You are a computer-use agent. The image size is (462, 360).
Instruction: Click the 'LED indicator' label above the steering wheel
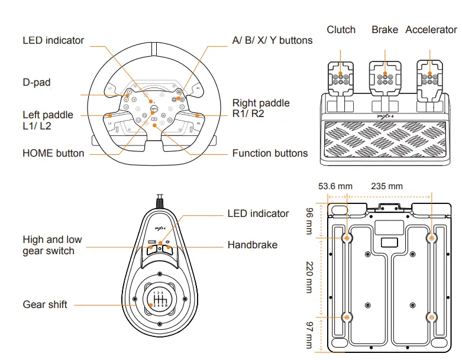pos(53,41)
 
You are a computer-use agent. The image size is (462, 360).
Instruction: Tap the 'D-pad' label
pos(37,83)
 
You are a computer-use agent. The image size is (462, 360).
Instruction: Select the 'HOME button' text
pos(53,153)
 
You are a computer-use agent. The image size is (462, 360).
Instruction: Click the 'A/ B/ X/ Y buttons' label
pos(272,41)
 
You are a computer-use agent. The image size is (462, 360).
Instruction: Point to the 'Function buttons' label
pos(270,153)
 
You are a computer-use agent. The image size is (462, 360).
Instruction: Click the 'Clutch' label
pos(341,30)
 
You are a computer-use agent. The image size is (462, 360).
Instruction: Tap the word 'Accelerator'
pos(431,30)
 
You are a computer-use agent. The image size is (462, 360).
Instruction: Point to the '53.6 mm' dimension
pos(331,186)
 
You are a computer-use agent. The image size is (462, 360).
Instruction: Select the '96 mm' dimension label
pos(309,220)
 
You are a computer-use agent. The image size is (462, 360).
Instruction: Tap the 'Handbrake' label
pos(252,245)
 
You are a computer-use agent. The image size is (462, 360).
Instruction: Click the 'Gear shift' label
pos(45,304)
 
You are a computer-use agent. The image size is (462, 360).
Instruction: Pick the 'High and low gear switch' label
pos(52,245)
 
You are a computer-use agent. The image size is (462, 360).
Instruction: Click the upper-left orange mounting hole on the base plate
pos(347,238)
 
